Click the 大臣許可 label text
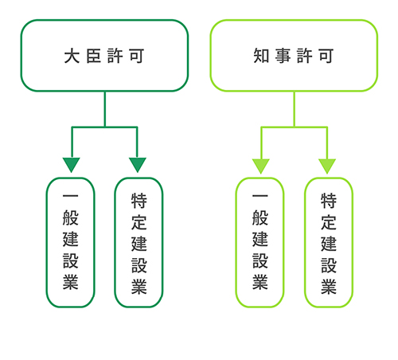click(104, 56)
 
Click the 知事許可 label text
click(294, 56)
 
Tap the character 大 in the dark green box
click(72, 56)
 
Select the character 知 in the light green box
click(261, 56)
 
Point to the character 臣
click(94, 56)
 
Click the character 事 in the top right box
click(283, 56)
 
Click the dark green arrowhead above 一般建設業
click(72, 165)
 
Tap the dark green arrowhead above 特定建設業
click(138, 165)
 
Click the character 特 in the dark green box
click(139, 201)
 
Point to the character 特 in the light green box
click(329, 201)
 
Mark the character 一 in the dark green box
click(70, 197)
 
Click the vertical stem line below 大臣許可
click(105, 109)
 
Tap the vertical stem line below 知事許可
click(295, 109)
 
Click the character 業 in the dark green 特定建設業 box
click(139, 287)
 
